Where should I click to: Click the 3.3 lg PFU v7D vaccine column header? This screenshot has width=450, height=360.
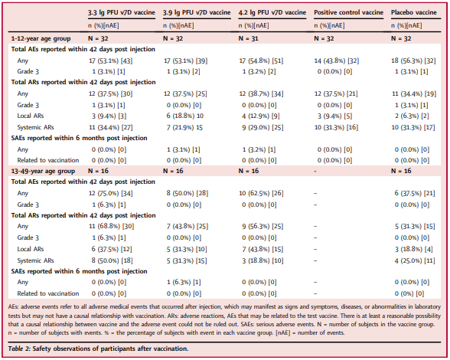[x=122, y=13]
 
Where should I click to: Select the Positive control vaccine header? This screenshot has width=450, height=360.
[x=348, y=12]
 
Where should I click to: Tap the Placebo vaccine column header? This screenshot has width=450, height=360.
[x=414, y=12]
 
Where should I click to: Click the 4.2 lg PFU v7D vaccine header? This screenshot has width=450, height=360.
[x=272, y=13]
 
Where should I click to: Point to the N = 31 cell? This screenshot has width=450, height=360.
[x=248, y=38]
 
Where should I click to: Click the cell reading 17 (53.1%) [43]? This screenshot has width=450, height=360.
[x=111, y=61]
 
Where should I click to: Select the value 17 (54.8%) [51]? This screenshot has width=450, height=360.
[x=261, y=61]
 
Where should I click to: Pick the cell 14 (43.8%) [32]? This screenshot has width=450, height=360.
[x=337, y=61]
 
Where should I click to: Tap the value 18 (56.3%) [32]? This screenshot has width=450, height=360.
[x=413, y=61]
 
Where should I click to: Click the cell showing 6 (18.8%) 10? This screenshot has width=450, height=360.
[x=185, y=116]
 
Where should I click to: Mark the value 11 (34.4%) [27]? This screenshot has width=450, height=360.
[x=111, y=127]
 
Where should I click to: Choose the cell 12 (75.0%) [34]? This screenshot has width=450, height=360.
[x=111, y=193]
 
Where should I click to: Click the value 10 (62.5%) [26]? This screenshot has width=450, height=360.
[x=261, y=193]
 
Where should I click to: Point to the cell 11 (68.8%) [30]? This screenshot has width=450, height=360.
[x=112, y=227]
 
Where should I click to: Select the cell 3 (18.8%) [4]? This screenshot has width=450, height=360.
[x=413, y=249]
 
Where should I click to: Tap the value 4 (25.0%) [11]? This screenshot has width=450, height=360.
[x=415, y=260]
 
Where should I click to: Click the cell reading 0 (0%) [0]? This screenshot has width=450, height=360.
[x=409, y=293]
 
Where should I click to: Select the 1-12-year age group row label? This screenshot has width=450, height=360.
[x=41, y=38]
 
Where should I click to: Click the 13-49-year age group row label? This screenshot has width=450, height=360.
[x=43, y=172]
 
